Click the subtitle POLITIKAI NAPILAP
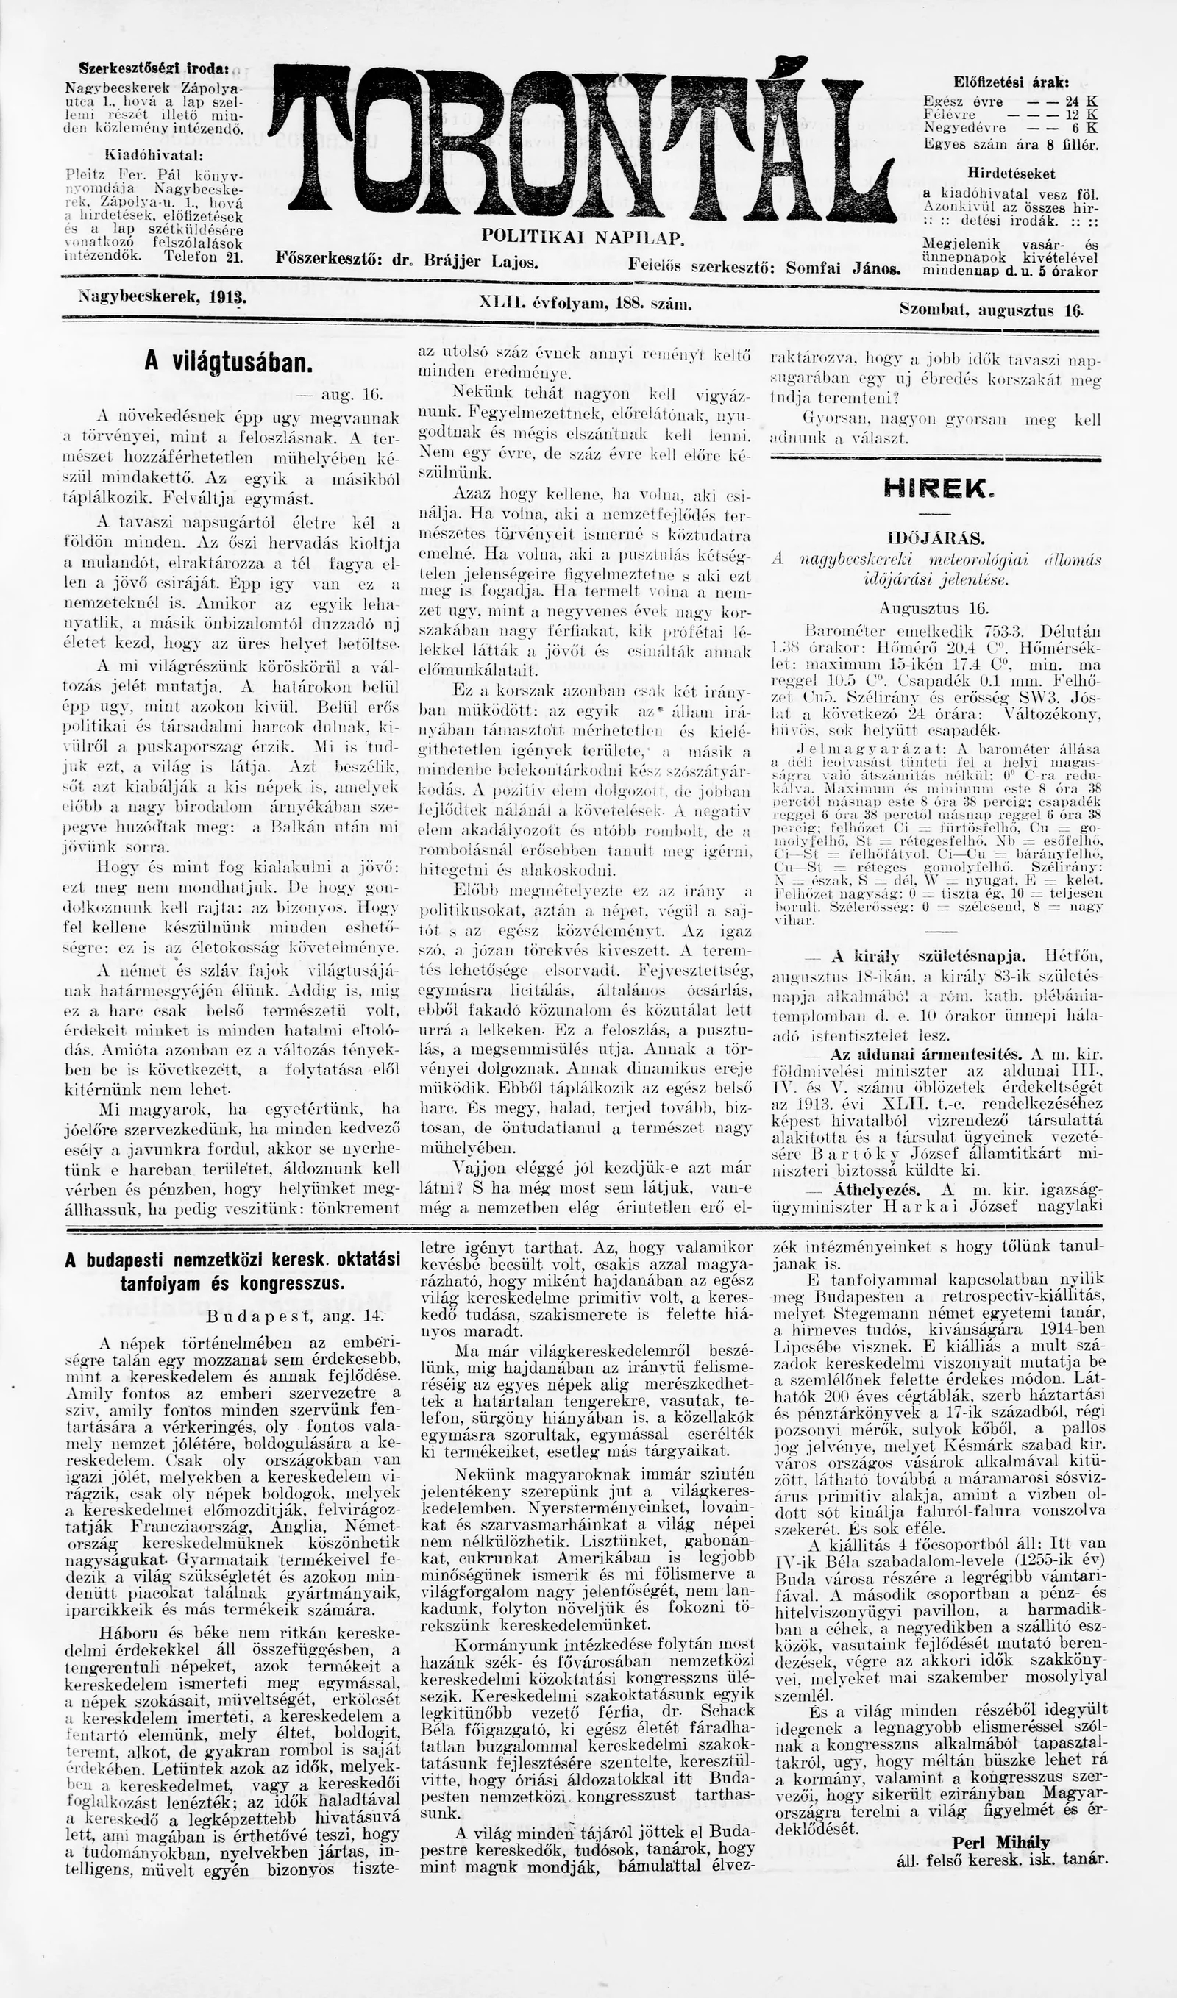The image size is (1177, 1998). pos(583,237)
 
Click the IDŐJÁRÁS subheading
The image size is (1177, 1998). pos(936,538)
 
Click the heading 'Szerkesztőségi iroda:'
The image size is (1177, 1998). pos(154,69)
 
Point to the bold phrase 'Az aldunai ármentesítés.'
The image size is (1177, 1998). pos(926,1054)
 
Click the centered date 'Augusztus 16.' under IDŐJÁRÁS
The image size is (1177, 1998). pos(934,608)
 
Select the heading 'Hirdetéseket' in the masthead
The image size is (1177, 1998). pos(1011,173)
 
